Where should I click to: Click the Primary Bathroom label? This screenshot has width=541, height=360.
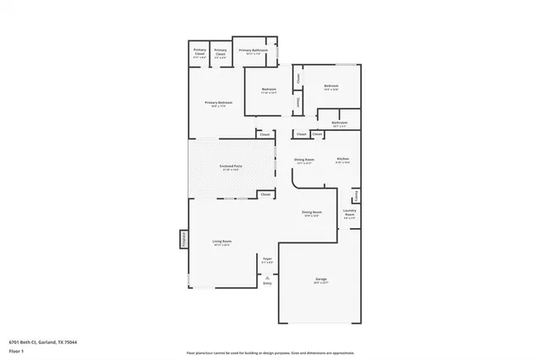click(x=253, y=51)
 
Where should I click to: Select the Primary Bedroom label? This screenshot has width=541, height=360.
click(x=219, y=103)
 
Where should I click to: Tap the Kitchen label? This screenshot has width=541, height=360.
click(x=343, y=159)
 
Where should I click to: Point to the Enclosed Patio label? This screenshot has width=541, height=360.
click(x=232, y=166)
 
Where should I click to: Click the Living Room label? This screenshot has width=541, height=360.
click(x=222, y=242)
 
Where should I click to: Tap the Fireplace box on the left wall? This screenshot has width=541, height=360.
click(x=183, y=239)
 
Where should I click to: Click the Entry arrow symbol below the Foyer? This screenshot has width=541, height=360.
click(x=267, y=278)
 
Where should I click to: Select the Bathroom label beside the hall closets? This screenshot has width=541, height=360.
click(x=340, y=123)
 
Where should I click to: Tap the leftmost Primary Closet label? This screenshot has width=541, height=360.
click(x=199, y=51)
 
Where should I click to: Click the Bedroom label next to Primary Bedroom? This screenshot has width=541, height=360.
click(x=269, y=89)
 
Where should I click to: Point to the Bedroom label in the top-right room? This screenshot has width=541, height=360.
click(x=331, y=85)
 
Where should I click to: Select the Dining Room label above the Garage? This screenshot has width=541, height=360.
click(x=312, y=212)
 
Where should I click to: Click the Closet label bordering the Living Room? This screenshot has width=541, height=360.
click(x=265, y=194)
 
